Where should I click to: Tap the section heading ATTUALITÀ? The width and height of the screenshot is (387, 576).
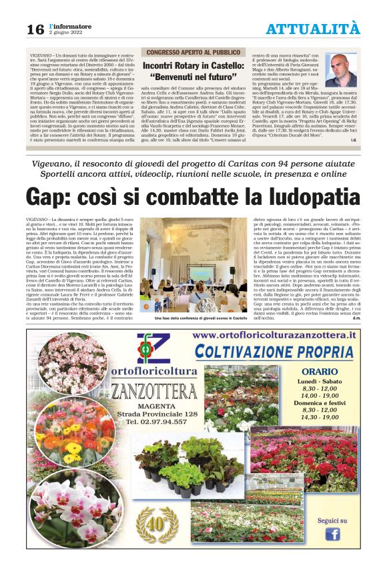click(x=312, y=28)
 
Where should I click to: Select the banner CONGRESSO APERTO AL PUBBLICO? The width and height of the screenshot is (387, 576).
click(x=193, y=52)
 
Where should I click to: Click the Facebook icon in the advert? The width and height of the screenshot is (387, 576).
click(x=332, y=534)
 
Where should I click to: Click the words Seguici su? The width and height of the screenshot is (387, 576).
click(x=332, y=520)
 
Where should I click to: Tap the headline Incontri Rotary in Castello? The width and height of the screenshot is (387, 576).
click(x=193, y=66)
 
